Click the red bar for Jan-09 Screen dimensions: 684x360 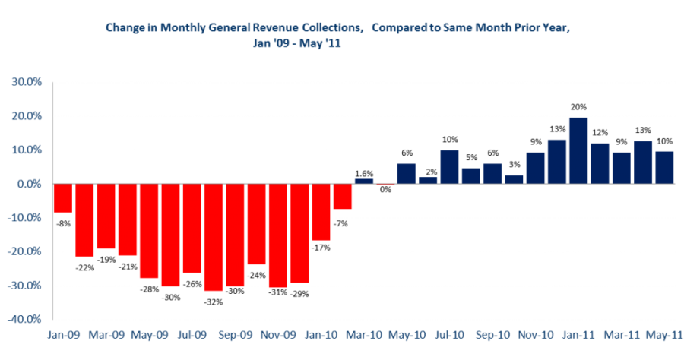63,198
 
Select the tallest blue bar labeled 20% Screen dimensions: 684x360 578,151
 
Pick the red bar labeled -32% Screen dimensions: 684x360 214,237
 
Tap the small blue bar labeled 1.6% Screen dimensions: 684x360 364,182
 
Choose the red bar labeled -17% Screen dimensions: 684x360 321,212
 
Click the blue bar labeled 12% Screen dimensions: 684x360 600,163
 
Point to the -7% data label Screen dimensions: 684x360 340,223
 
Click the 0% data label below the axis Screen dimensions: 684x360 385,190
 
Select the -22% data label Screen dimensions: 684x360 84,267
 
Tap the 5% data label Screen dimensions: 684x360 471,157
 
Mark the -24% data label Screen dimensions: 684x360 256,276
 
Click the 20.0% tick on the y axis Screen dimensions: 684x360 24,116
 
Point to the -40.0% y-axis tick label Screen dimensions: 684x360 24,319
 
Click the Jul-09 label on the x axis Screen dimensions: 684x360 192,335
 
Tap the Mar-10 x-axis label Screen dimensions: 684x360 364,335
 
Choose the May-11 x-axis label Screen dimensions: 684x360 664,335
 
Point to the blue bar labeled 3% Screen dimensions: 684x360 514,179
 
